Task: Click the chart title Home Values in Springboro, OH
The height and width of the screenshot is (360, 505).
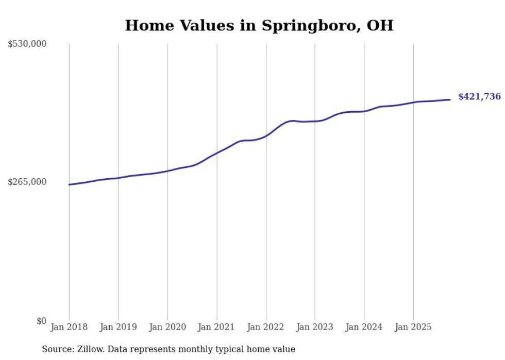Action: (259, 25)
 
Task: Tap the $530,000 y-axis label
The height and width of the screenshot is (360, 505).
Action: (27, 44)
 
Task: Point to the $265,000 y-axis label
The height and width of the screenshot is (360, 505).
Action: (27, 182)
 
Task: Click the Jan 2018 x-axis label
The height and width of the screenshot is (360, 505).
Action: (69, 327)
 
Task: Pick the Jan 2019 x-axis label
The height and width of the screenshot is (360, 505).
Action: (119, 327)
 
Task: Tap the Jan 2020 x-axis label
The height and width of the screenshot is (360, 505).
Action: (167, 327)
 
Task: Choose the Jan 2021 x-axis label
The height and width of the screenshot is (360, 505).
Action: (216, 327)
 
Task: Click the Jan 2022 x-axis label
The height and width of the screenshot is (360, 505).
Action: (266, 327)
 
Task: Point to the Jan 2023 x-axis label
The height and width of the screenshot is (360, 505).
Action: (315, 327)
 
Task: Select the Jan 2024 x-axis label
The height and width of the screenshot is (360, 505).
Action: (364, 327)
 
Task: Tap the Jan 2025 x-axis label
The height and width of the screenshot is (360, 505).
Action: (413, 327)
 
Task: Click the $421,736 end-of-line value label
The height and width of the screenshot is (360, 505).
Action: (479, 96)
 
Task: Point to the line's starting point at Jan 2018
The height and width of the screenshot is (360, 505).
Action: (69, 184)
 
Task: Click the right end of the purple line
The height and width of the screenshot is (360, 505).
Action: (450, 99)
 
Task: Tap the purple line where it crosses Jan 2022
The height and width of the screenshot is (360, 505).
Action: (266, 136)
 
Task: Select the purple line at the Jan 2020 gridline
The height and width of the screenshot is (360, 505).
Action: (167, 170)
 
